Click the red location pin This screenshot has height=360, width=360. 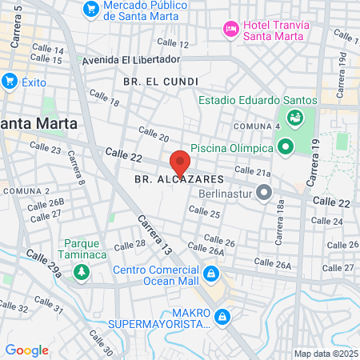point(180,163)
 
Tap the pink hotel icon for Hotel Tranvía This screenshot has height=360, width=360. point(231,28)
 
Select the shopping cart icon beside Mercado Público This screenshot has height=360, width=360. point(91,10)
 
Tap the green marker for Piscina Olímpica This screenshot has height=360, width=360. point(285,146)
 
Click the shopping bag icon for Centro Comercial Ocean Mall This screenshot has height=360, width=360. point(210,274)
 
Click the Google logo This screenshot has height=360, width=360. point(26,350)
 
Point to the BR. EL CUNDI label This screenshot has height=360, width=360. point(154,82)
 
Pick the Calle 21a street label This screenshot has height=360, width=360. point(254,170)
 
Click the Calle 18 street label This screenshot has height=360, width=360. point(104,98)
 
